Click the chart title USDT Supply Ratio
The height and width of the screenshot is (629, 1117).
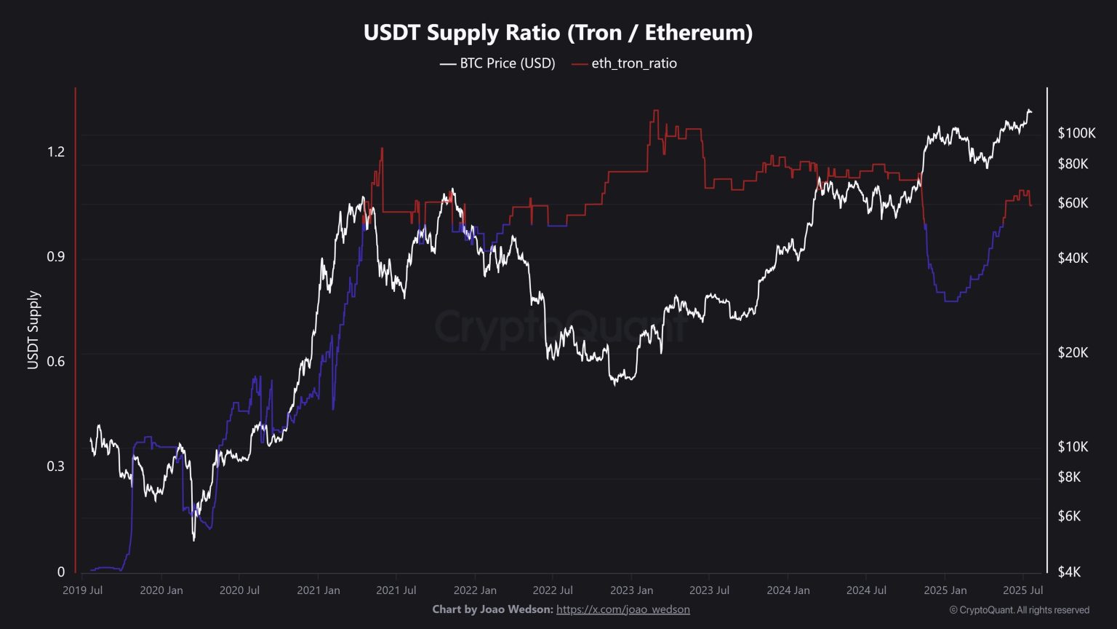(558, 33)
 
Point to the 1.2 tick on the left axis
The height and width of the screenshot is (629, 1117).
(56, 151)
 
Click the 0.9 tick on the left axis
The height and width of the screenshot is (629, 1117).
(56, 257)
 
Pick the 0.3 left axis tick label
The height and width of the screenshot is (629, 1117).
(56, 467)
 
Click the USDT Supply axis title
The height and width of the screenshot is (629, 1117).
(33, 331)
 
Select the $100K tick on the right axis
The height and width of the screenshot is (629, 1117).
(1076, 132)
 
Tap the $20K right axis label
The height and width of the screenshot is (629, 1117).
(1073, 352)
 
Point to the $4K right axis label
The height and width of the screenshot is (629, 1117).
(1069, 572)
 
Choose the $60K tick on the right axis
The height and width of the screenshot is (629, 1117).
(1073, 202)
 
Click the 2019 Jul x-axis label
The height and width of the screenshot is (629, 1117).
(82, 590)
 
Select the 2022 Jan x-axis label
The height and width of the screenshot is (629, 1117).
(475, 590)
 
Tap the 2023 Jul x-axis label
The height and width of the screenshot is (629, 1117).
(710, 590)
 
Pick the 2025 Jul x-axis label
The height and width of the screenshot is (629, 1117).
(1023, 590)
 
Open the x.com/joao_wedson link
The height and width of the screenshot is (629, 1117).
(622, 609)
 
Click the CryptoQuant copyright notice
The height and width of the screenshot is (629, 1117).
(1019, 610)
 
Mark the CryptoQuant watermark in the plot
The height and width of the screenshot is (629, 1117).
(559, 328)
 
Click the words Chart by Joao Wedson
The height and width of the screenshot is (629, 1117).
(492, 609)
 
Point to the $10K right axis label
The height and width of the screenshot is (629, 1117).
(1073, 446)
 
